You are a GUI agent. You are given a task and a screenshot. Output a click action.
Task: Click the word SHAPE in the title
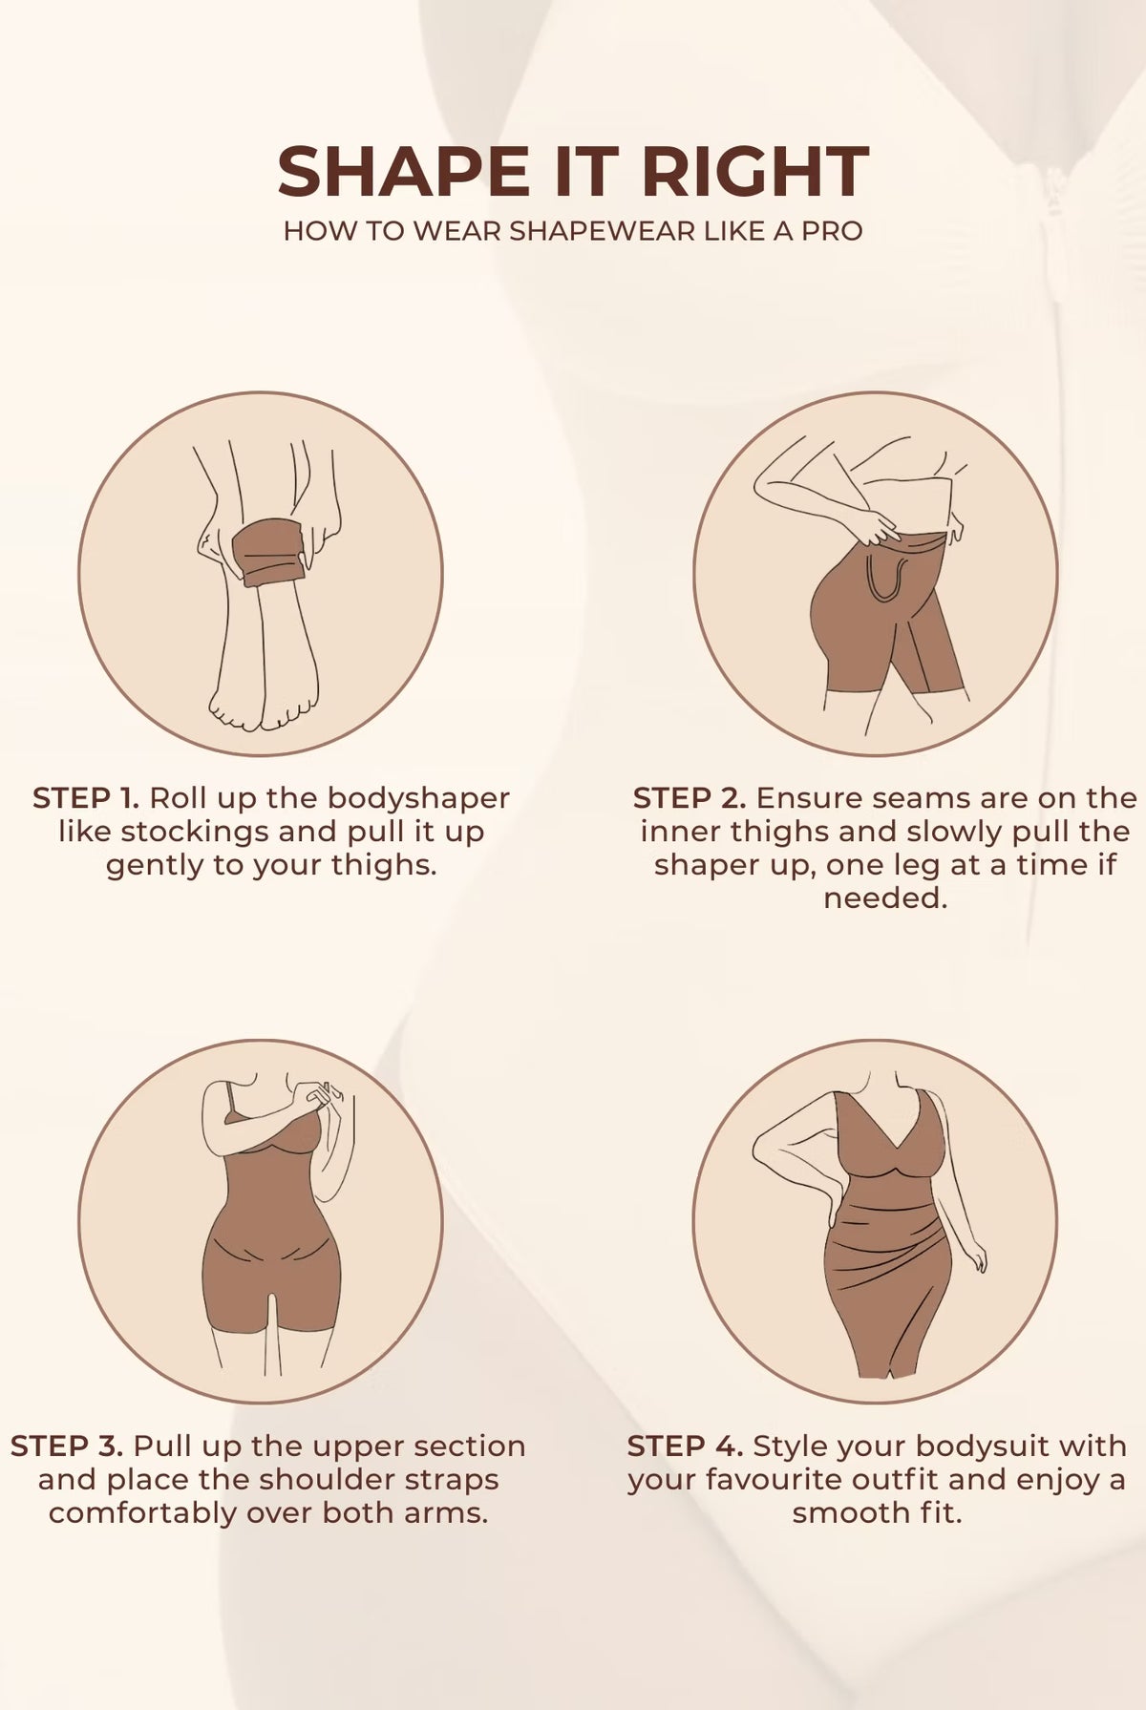click(403, 172)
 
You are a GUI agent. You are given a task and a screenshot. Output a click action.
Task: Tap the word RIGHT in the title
click(754, 172)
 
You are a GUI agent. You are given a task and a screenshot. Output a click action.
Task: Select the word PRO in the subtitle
click(832, 231)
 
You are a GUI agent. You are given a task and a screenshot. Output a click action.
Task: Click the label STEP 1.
click(86, 798)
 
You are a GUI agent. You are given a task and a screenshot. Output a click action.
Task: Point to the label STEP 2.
click(689, 798)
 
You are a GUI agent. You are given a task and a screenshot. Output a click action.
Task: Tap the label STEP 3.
click(67, 1446)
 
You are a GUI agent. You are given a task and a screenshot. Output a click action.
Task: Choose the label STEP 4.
click(685, 1446)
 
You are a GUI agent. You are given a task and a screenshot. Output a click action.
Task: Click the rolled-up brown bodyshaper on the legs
click(270, 553)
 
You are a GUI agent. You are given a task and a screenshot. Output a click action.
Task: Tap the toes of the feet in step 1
click(264, 711)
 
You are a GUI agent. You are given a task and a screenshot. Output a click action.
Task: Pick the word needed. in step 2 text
click(885, 898)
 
